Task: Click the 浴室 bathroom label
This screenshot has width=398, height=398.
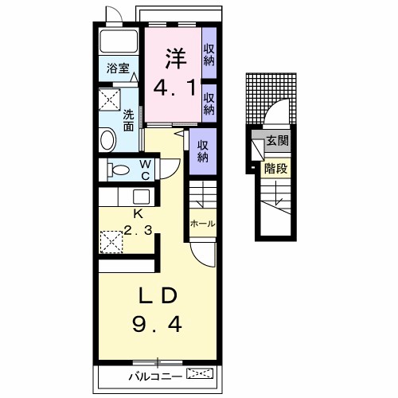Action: [x=118, y=68]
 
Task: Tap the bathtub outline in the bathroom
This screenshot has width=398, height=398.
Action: [x=119, y=41]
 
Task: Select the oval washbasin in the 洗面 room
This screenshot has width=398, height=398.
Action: [x=107, y=140]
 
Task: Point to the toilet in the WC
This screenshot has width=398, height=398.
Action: [x=119, y=170]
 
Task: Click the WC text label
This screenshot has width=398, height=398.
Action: [x=146, y=170]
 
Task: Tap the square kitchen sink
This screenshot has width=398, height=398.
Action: [x=142, y=197]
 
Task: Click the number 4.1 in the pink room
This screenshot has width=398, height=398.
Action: [x=174, y=88]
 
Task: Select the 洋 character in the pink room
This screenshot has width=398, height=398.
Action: [x=176, y=59]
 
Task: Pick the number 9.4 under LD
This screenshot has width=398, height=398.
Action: [x=157, y=325]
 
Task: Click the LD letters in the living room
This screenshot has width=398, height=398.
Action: [x=158, y=295]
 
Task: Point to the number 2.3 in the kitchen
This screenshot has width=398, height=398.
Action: [x=138, y=230]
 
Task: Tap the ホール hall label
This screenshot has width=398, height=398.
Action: [x=203, y=224]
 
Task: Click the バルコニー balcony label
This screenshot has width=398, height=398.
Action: [x=155, y=377]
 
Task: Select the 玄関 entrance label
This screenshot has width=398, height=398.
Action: [x=277, y=141]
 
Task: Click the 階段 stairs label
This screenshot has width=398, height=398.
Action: [x=276, y=168]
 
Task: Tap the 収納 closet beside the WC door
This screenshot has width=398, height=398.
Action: [x=203, y=151]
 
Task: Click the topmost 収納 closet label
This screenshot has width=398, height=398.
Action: [x=209, y=55]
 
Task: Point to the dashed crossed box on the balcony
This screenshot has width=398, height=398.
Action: [x=200, y=373]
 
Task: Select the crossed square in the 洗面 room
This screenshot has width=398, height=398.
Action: [x=110, y=99]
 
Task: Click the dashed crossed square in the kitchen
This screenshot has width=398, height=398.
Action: [x=111, y=242]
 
